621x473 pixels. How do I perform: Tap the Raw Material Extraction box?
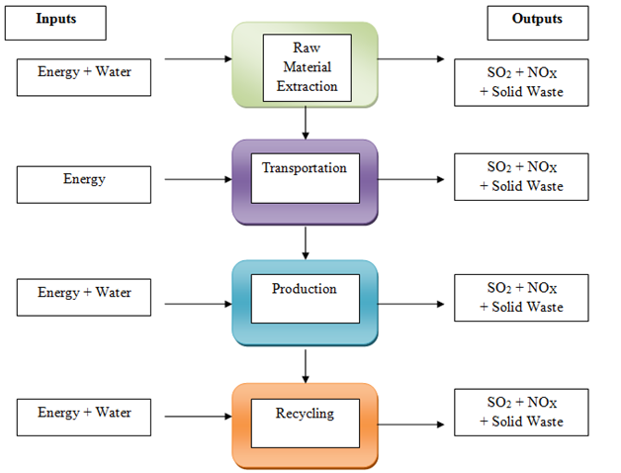(x=305, y=65)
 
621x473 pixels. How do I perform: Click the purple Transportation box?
(x=305, y=178)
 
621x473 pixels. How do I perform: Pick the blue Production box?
(x=305, y=299)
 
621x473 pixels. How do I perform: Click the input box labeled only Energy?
(x=84, y=180)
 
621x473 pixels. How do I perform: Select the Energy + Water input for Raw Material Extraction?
(x=84, y=74)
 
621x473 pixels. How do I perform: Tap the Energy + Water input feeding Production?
(x=84, y=295)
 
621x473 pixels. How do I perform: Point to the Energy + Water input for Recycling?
(x=84, y=414)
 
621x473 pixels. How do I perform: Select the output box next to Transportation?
(x=521, y=177)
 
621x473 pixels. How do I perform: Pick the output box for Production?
(x=521, y=297)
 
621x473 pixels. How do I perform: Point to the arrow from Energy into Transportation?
(x=198, y=179)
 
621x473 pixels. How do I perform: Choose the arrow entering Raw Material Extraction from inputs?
(x=198, y=58)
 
